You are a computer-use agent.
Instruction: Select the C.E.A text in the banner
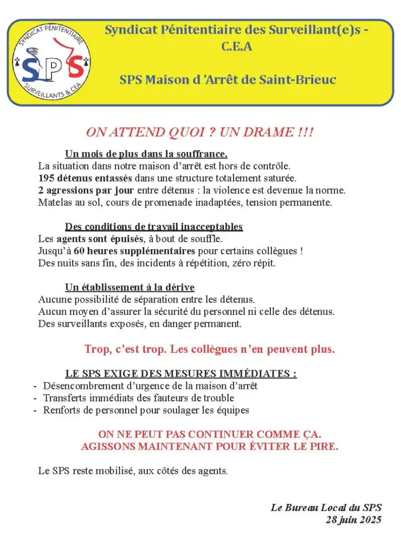tap(237, 46)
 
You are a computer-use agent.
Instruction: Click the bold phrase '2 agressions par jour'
tap(87, 191)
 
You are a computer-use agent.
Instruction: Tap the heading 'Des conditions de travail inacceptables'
tap(154, 226)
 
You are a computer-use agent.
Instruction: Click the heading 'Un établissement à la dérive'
tap(130, 287)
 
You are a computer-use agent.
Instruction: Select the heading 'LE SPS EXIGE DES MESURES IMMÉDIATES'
tap(180, 374)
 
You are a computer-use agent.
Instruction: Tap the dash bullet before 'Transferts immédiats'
tap(35, 398)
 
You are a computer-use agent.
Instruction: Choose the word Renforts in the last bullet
tap(60, 410)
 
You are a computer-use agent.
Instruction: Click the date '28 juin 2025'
tap(353, 520)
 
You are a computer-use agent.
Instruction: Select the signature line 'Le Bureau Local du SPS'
tap(326, 508)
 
